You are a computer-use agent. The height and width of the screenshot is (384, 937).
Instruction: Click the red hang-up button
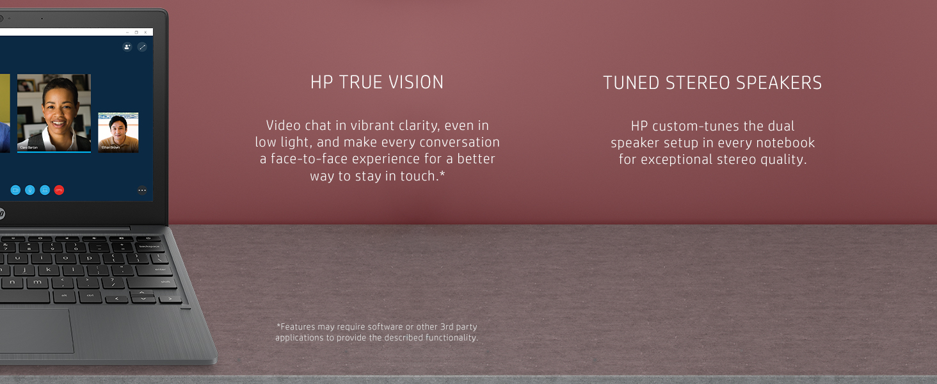click(x=59, y=190)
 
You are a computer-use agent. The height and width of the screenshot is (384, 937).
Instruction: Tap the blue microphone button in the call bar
click(x=29, y=190)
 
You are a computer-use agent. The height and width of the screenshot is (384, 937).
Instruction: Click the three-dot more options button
click(x=142, y=190)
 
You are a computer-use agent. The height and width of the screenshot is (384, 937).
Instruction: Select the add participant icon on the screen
click(x=127, y=47)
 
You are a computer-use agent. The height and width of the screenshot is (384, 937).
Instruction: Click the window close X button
click(x=145, y=32)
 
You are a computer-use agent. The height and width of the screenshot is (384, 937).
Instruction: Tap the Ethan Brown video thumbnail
click(x=118, y=132)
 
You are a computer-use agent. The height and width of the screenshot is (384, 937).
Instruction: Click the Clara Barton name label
click(x=29, y=148)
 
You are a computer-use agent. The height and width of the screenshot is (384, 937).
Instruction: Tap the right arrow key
click(x=170, y=299)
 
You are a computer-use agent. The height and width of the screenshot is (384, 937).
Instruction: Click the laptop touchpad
click(x=35, y=330)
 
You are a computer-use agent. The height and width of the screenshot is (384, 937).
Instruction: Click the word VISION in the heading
click(x=416, y=83)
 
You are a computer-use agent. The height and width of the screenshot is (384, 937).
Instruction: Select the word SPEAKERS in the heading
click(x=779, y=83)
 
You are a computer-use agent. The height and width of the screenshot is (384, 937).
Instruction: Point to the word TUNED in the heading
click(x=631, y=83)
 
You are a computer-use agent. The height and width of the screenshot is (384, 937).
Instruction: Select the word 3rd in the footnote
click(x=447, y=326)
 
